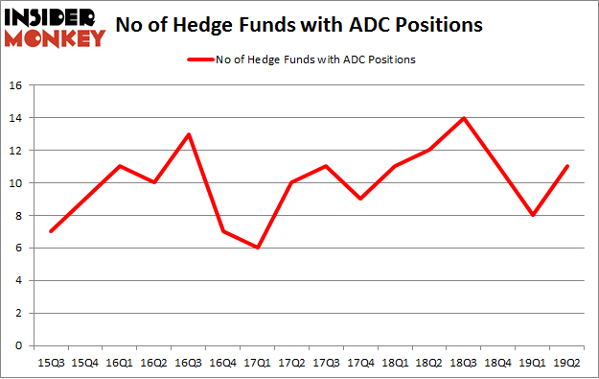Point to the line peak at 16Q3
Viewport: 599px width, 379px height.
[x=190, y=134]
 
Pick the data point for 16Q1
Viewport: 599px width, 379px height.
[x=120, y=167]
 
